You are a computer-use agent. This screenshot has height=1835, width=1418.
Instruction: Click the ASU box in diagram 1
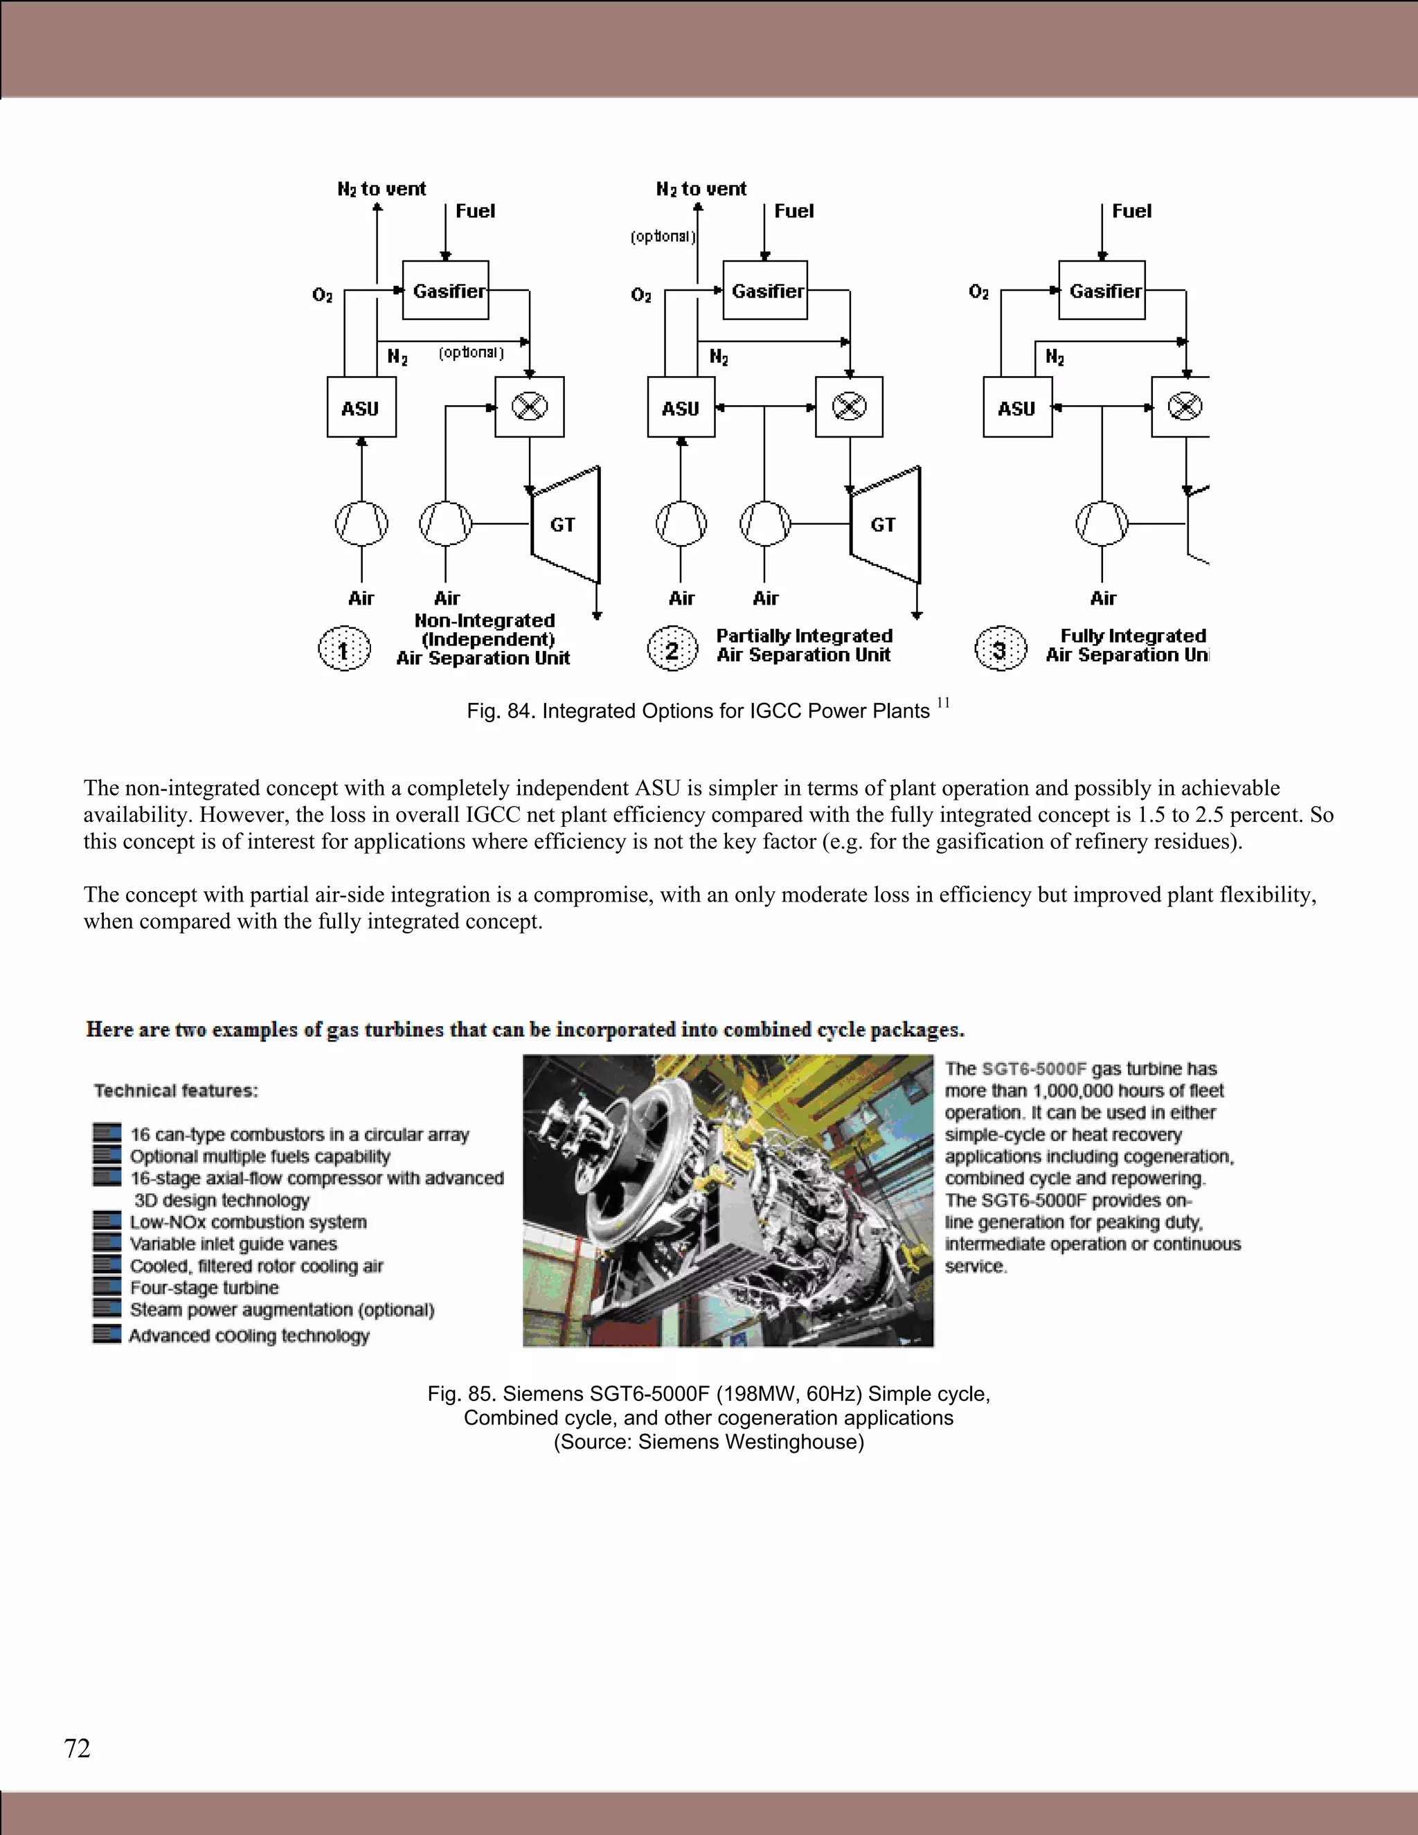click(361, 407)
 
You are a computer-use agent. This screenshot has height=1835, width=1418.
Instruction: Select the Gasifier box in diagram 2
click(765, 291)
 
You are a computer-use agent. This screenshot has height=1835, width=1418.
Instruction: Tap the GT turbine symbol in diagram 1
click(564, 524)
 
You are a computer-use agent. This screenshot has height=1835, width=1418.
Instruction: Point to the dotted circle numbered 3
click(1000, 650)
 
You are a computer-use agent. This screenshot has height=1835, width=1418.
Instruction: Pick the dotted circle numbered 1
click(343, 650)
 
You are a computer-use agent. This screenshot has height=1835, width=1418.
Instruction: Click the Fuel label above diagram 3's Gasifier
click(1131, 211)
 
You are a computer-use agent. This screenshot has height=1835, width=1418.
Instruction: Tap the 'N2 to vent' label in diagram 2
click(701, 189)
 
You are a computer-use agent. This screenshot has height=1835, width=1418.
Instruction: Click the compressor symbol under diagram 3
click(1102, 523)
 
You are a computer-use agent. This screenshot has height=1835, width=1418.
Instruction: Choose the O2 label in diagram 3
click(978, 292)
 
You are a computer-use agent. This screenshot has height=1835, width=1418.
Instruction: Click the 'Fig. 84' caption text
click(697, 712)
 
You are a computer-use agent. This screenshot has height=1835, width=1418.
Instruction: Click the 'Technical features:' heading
click(177, 1091)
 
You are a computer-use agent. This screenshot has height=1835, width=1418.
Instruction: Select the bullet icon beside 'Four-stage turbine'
click(107, 1287)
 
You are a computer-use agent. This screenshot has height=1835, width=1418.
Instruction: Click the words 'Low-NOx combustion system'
click(248, 1221)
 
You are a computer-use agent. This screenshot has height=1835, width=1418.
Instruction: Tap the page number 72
click(78, 1748)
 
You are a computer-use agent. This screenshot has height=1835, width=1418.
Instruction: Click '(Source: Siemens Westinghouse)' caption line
click(708, 1442)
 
